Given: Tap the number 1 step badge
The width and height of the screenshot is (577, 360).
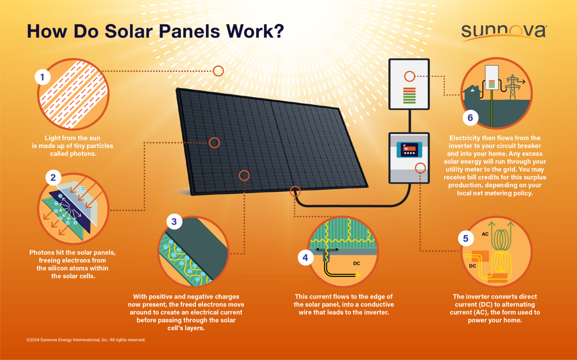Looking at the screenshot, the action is pyautogui.click(x=43, y=77).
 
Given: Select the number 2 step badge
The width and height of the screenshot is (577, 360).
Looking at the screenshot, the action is pyautogui.click(x=53, y=178).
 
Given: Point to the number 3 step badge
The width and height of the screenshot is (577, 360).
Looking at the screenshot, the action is pyautogui.click(x=174, y=222).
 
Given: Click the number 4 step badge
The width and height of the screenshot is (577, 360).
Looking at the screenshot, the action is pyautogui.click(x=306, y=258).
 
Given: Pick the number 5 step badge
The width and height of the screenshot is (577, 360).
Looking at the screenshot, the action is pyautogui.click(x=466, y=238).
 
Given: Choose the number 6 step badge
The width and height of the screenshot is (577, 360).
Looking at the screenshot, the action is pyautogui.click(x=470, y=118).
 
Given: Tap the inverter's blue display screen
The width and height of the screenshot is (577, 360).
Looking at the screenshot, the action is pyautogui.click(x=409, y=150).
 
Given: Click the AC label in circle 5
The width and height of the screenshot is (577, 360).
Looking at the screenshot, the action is pyautogui.click(x=485, y=234).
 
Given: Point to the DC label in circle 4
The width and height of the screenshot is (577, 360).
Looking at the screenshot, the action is pyautogui.click(x=357, y=263).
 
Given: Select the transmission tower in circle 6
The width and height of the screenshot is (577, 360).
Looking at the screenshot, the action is pyautogui.click(x=513, y=87).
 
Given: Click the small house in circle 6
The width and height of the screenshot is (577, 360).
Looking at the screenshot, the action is pyautogui.click(x=472, y=92).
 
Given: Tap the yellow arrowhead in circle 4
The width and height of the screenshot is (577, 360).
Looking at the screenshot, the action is pyautogui.click(x=358, y=276).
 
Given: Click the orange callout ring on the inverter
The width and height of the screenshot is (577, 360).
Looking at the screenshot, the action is pyautogui.click(x=421, y=168).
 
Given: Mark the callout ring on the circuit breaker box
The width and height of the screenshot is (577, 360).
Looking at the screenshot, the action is pyautogui.click(x=409, y=76).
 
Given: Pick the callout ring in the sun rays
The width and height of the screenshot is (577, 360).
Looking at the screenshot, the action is pyautogui.click(x=218, y=71).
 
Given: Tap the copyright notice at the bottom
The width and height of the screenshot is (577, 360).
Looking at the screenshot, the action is pyautogui.click(x=86, y=340).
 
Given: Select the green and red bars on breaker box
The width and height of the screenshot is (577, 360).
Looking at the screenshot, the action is pyautogui.click(x=409, y=96).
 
